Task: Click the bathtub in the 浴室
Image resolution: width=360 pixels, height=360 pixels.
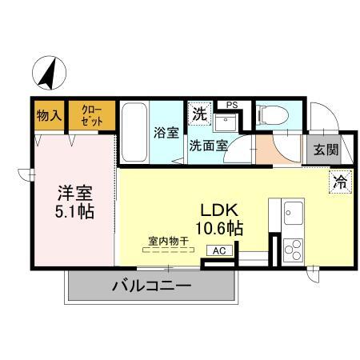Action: (133, 131)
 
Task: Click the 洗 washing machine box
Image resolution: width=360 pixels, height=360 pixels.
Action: (198, 114)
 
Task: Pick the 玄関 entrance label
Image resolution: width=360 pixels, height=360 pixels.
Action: (325, 148)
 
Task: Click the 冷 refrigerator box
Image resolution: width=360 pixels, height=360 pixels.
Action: (338, 182)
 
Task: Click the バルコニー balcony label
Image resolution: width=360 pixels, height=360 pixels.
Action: (151, 286)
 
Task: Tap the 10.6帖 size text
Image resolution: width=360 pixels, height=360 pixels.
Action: (220, 226)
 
